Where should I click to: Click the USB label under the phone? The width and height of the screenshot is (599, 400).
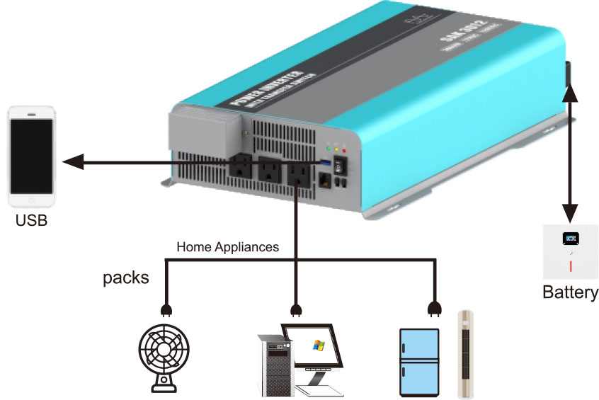[x=31, y=221]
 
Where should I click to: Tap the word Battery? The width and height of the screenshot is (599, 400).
[x=570, y=292]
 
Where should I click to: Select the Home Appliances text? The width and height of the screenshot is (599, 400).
[x=227, y=248]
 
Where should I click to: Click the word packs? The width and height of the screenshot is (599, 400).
[x=126, y=277]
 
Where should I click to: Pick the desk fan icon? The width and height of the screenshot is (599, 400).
[x=167, y=355]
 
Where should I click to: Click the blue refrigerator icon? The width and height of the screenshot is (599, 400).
[x=420, y=361]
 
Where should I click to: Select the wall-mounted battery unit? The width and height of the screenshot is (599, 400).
[x=570, y=252]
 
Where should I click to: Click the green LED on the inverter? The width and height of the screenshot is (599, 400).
[x=327, y=149]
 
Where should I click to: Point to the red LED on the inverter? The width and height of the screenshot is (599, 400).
[x=344, y=150]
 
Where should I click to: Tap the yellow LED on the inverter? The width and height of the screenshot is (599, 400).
[x=336, y=149]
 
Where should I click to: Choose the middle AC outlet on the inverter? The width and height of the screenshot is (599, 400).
[x=268, y=170]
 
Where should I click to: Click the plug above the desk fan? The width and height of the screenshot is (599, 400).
[x=167, y=310]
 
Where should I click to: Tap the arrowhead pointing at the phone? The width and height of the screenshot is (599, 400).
[x=72, y=163]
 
